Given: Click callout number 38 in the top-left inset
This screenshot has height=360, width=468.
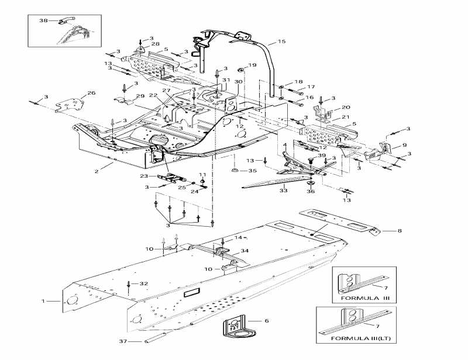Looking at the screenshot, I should click(x=43, y=20).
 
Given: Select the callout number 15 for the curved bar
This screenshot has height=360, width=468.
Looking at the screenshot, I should click(x=282, y=41).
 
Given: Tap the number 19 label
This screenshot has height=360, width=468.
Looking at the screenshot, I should click(x=252, y=65).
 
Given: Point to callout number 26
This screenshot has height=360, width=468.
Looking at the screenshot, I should click(x=91, y=94).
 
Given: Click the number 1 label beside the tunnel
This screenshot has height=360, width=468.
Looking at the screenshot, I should click(x=42, y=301).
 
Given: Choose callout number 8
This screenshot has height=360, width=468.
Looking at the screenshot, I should click(x=400, y=231).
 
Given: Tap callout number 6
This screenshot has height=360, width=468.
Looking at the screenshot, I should click(x=266, y=321).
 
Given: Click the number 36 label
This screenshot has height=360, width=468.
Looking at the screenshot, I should click(x=310, y=191).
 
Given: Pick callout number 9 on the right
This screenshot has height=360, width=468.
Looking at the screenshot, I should click(x=404, y=146).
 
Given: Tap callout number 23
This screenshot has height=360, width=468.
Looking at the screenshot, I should click(x=144, y=175).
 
